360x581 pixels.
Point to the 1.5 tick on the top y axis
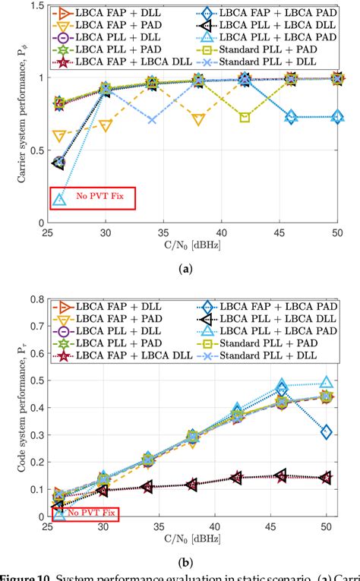[x=39, y=6]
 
